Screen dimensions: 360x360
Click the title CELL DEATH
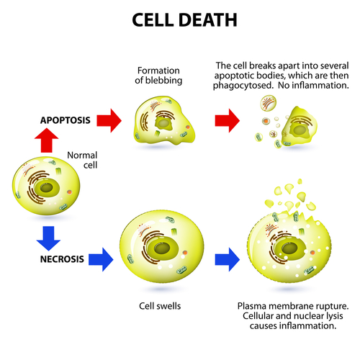point(180,19)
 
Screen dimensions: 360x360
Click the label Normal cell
point(81,161)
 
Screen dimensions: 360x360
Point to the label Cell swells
point(160,306)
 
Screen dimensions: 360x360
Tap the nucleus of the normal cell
point(49,189)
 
